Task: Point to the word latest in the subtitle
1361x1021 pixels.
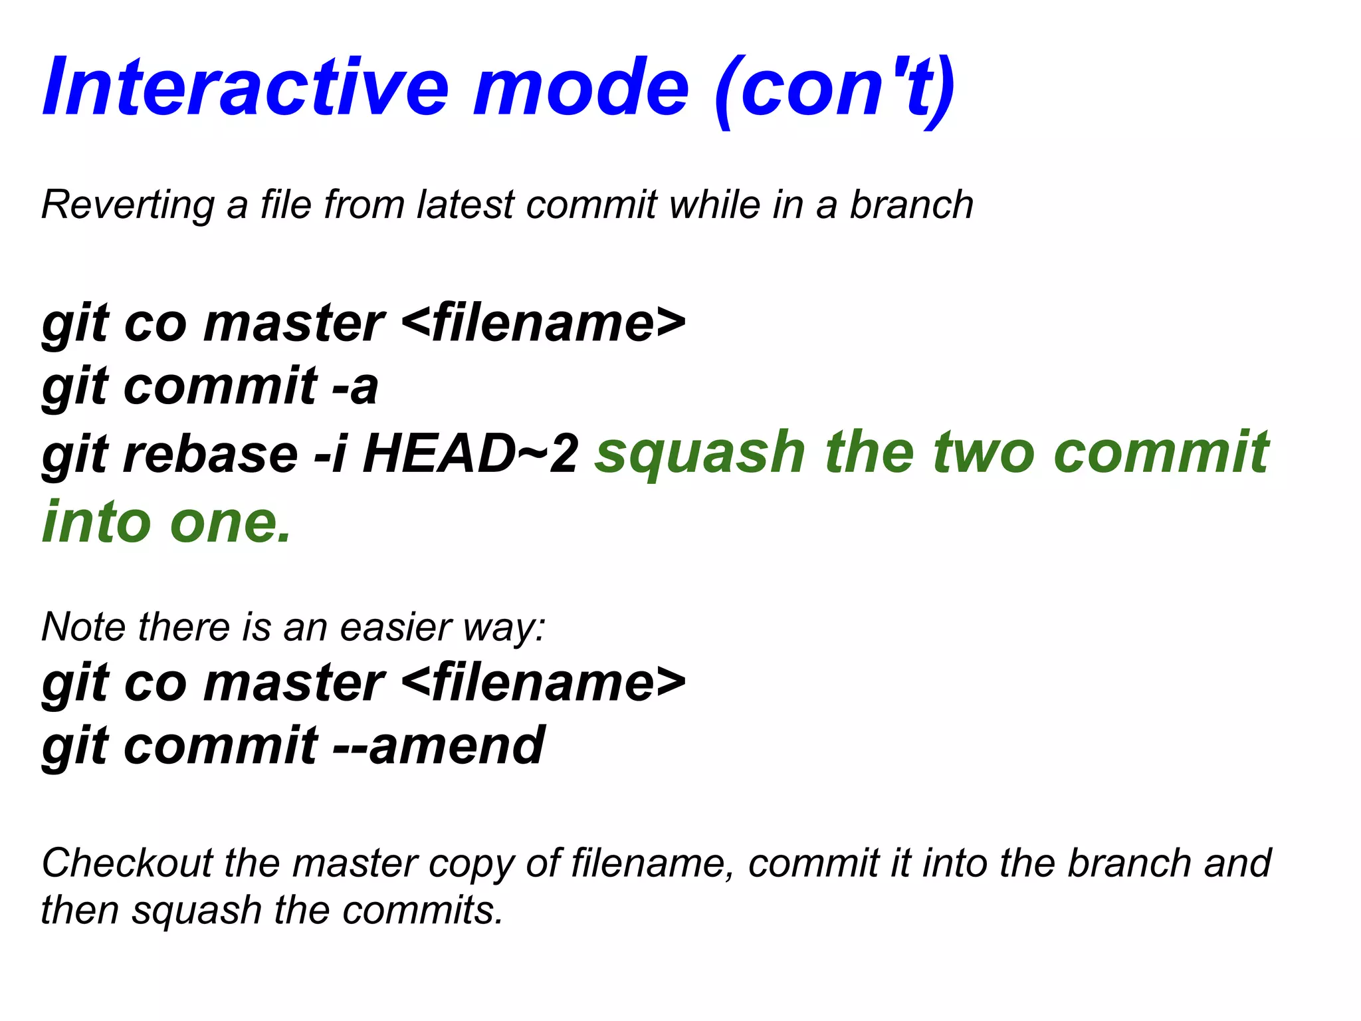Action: [465, 205]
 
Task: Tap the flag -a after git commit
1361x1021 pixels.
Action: [356, 387]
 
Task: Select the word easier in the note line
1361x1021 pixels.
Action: [396, 627]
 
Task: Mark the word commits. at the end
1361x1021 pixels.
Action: [423, 910]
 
